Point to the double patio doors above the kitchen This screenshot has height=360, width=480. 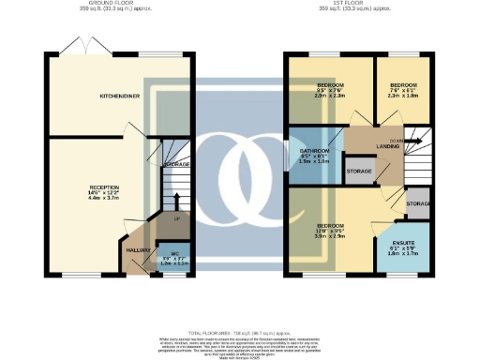coord(81,45)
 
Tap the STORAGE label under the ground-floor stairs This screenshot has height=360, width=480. coord(176,165)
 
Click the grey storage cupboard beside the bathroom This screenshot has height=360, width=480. coord(360,171)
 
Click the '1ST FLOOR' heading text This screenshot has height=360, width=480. coord(356,4)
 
